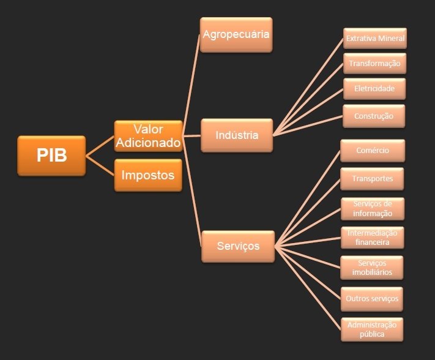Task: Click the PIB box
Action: coord(51,156)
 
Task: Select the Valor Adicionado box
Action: coord(148,136)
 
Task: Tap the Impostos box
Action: coord(148,175)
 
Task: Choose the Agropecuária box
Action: coord(236,35)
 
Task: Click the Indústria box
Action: coord(237,135)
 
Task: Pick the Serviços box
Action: coord(238,246)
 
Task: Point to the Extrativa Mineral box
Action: coord(374,39)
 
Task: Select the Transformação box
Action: coord(374,64)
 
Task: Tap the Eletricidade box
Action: coord(374,89)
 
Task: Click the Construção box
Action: coord(374,115)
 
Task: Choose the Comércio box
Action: coord(373,151)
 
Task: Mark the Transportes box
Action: coord(373,178)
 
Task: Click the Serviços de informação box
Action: coord(373,208)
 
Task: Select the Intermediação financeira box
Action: coord(373,238)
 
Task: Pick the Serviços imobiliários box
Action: coord(373,268)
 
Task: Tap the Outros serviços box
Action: coord(372,299)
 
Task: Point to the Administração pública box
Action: coord(372,329)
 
